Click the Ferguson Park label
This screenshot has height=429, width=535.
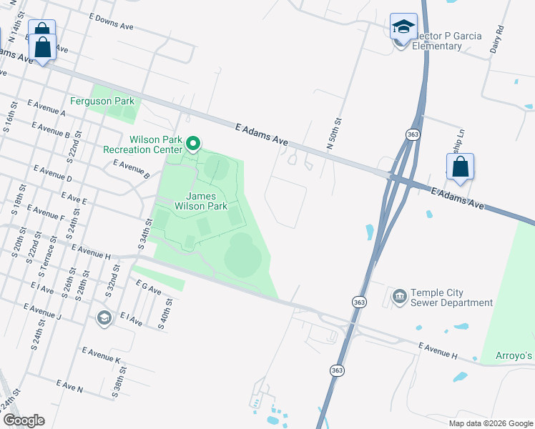pos(102,102)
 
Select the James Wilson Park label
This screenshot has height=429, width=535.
pos(207,201)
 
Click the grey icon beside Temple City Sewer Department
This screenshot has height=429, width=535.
pos(399,295)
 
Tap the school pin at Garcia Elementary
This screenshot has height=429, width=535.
pos(403,27)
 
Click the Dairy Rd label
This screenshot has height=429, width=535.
pos(499,41)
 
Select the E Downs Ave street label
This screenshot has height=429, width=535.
pos(112,20)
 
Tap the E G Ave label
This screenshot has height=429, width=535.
pos(148,287)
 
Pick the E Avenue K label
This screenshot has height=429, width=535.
pos(101,355)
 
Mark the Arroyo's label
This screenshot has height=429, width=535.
pos(516,356)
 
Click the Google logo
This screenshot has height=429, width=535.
pos(24,420)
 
